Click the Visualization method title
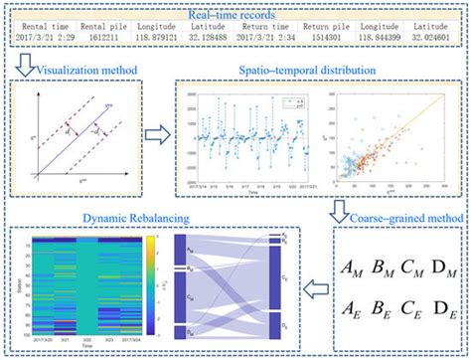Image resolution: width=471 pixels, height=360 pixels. pyautogui.click(x=84, y=72)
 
